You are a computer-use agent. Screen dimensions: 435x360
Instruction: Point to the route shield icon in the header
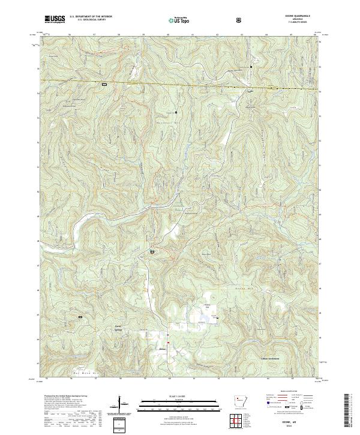(x=239, y=20)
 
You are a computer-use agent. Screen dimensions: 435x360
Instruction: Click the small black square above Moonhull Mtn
(x=176, y=112)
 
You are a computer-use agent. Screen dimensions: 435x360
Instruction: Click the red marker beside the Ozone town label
(x=169, y=343)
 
